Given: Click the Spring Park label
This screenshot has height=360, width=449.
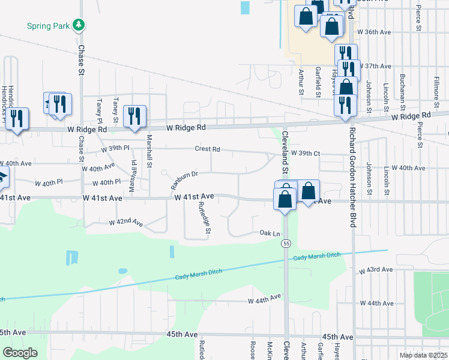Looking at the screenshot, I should [x=47, y=26].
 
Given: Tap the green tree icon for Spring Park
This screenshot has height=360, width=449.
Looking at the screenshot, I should [x=78, y=25].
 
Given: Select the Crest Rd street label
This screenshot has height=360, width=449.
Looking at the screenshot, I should [x=208, y=149].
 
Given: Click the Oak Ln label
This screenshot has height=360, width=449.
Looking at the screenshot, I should [x=270, y=233].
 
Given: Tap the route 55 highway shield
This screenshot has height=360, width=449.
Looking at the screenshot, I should [x=286, y=243].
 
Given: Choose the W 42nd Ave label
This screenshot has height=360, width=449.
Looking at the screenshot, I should [x=126, y=223].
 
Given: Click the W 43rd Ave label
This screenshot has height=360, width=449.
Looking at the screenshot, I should [x=375, y=271].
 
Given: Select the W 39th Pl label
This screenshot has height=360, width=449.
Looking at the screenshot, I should [x=115, y=148].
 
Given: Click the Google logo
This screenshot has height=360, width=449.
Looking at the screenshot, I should [x=20, y=353].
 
